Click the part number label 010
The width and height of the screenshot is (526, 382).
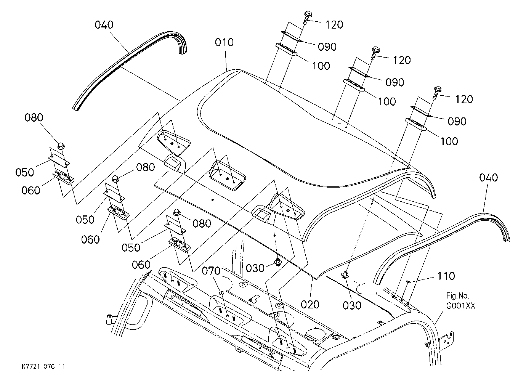coord(224,43)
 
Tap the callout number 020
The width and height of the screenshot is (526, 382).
coord(310,305)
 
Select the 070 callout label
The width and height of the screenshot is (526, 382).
coord(211,271)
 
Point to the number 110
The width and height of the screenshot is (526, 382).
coord(446,276)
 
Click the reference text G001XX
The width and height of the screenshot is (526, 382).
coord(460,306)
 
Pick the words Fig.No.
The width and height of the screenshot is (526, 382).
coord(457,295)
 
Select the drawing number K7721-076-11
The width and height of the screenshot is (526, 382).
coord(43,366)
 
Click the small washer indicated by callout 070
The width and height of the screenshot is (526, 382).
coord(221,293)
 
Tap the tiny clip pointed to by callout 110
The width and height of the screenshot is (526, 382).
coord(408,282)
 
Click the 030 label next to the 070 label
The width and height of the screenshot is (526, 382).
coord(255,268)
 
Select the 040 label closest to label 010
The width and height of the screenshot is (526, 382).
coord(104,25)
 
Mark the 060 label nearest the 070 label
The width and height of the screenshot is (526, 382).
coord(141,265)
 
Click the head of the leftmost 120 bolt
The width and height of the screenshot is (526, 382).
coord(308,13)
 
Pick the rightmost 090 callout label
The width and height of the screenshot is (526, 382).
coord(457,122)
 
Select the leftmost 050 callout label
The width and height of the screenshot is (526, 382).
coord(25,172)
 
